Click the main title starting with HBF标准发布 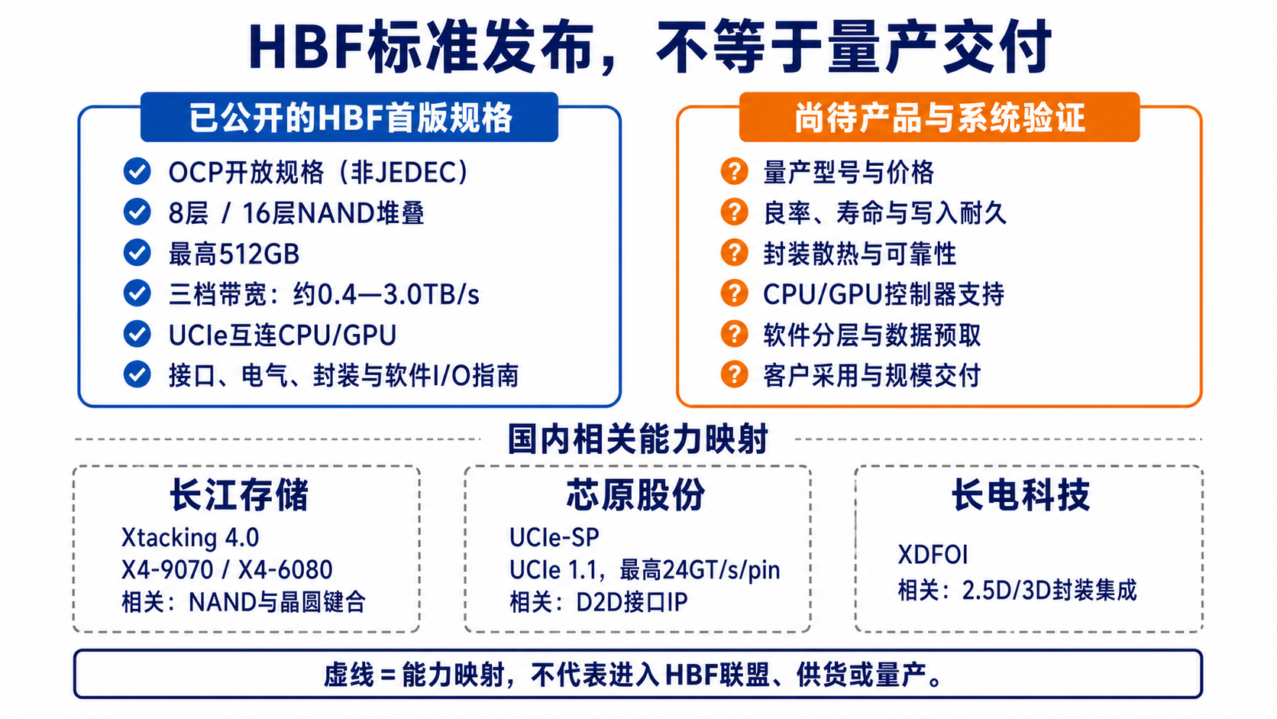(x=650, y=47)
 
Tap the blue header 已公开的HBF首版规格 (x=350, y=118)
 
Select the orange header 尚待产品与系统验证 (x=939, y=118)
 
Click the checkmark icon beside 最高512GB (x=137, y=253)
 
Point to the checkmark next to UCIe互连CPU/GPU (x=137, y=334)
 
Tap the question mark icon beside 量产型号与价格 (x=734, y=171)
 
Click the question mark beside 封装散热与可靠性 (x=734, y=253)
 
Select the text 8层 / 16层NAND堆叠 (x=296, y=213)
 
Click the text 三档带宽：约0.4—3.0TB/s (x=324, y=294)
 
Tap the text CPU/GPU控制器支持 (x=884, y=294)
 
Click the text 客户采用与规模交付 (x=871, y=376)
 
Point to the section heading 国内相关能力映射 (x=638, y=439)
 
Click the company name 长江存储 (x=240, y=494)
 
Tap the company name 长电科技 (x=1020, y=494)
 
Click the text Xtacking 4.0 (x=190, y=538)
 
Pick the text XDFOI (x=933, y=555)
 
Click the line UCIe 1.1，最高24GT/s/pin (x=645, y=569)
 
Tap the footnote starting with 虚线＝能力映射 (x=634, y=675)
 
